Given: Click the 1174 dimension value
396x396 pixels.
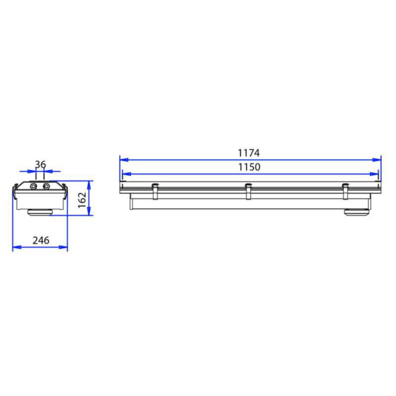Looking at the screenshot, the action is pyautogui.click(x=249, y=153).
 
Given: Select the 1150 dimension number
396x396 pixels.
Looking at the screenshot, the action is pyautogui.click(x=249, y=167).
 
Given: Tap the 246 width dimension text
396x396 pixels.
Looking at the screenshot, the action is pyautogui.click(x=41, y=240).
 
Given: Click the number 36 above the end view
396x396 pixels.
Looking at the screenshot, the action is pyautogui.click(x=41, y=164).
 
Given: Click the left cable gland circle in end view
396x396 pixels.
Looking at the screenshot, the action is pyautogui.click(x=33, y=186).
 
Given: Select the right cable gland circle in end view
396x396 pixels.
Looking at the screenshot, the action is pyautogui.click(x=46, y=186).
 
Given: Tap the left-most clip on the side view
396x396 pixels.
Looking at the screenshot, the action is pyautogui.click(x=155, y=191).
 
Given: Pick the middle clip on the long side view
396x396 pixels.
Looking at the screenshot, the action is pyautogui.click(x=248, y=191).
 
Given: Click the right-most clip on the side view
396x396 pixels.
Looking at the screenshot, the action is pyautogui.click(x=345, y=191).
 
